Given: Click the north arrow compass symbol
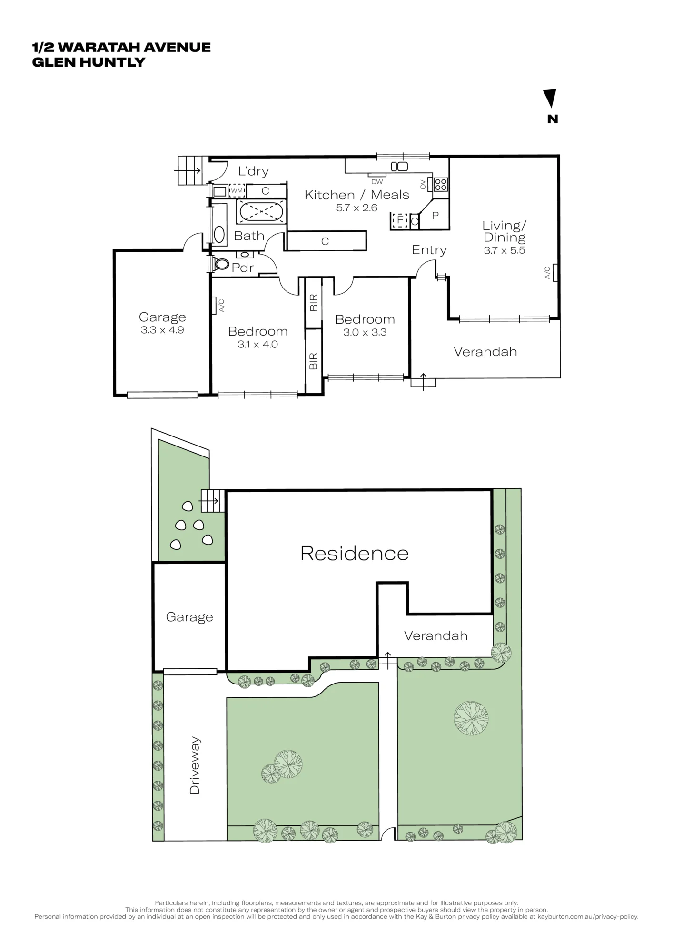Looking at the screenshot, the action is click(550, 99).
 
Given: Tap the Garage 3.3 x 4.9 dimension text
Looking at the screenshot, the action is click(162, 330).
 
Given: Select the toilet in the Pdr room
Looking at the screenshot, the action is click(221, 264).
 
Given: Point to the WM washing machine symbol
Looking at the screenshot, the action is click(237, 191).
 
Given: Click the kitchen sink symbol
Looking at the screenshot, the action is click(399, 166).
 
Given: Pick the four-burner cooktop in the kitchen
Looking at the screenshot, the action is click(440, 184).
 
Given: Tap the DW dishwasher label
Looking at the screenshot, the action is click(377, 181).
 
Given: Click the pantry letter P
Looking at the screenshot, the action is click(435, 215).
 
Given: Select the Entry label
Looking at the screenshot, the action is click(429, 250).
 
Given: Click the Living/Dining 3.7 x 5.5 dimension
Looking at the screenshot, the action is click(505, 250).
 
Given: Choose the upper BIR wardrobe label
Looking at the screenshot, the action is click(313, 303).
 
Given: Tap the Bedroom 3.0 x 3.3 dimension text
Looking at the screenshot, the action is click(365, 332).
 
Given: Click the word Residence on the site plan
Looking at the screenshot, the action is click(355, 553).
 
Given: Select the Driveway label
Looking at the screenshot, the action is click(195, 765).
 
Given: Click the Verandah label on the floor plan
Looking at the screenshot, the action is click(485, 352).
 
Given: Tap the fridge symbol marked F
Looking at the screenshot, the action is click(399, 221).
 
